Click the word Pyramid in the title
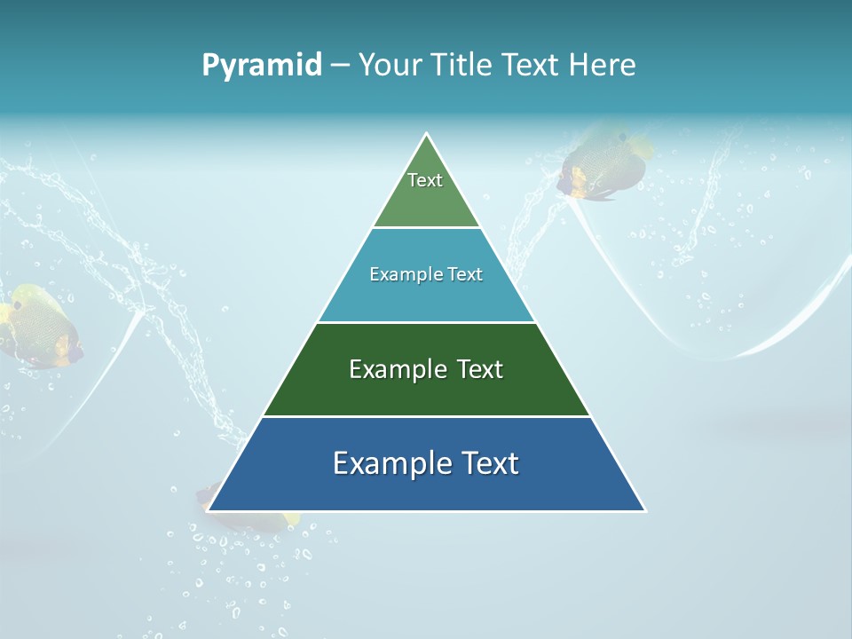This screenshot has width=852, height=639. pos(262,66)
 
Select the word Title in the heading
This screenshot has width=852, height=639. pos(465,66)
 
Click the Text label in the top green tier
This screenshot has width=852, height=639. pos(425,180)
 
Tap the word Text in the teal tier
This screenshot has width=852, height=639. pos(466,275)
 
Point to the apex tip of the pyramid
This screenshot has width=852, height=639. pos(427,134)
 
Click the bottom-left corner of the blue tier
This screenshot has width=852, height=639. pos(208,510)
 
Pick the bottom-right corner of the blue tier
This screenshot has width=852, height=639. pos(644,510)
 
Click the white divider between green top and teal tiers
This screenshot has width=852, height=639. pos(426,227)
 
